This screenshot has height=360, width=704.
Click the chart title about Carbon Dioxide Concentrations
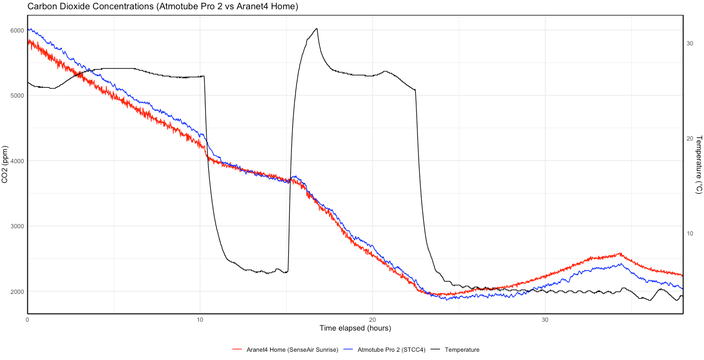163,7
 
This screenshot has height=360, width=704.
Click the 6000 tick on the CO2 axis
17,30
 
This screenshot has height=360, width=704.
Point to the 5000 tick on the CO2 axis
17,96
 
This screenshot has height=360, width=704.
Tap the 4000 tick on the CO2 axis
17,161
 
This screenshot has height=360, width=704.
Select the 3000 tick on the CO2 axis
17,226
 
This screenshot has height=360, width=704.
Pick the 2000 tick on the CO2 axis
17,292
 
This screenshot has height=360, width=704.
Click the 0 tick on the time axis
27,320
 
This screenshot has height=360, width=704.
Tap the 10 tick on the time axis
200,320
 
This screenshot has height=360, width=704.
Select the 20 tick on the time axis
372,320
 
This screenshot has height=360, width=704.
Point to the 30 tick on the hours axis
545,320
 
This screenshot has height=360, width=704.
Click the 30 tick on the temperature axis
690,43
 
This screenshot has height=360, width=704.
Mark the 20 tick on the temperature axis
690,138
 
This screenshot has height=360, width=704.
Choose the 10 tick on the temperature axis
690,233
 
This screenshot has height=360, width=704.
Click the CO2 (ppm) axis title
5,164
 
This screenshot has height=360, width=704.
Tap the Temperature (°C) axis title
699,164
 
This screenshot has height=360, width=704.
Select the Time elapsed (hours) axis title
355,328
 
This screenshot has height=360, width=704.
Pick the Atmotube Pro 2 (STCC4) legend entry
391,350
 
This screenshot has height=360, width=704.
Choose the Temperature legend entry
462,350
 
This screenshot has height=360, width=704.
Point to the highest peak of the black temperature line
317,28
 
